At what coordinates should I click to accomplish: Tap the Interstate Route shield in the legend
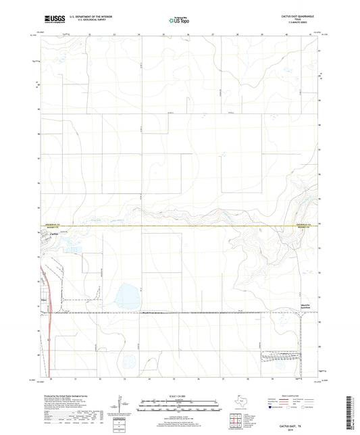click(x=272, y=408)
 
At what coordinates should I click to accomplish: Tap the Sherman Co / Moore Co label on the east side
click(x=303, y=226)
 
